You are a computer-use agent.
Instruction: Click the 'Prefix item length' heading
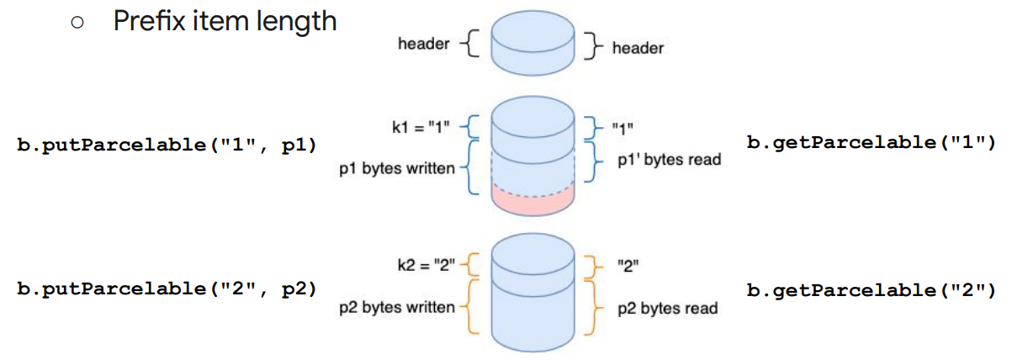pos(225,21)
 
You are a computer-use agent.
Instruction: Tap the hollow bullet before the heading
pos(77,22)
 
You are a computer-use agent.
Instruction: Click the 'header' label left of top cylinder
pos(424,44)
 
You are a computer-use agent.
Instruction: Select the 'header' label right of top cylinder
pos(638,48)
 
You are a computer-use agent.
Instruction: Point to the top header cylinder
pos(532,43)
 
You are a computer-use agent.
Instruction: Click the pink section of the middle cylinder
pos(532,202)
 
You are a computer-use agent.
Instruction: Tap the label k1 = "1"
pos(421,128)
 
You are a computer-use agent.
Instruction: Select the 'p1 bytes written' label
pos(397,168)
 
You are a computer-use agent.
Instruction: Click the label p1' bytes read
pos(670,160)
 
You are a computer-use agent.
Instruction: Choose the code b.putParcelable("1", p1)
pos(167,146)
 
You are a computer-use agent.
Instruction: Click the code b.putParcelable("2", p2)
pos(167,289)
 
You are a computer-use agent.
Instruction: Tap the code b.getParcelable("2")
pos(871,290)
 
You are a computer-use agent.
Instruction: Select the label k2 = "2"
pos(426,265)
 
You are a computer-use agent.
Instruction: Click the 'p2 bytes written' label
pos(397,307)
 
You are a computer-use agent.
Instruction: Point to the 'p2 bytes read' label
pos(668,309)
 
